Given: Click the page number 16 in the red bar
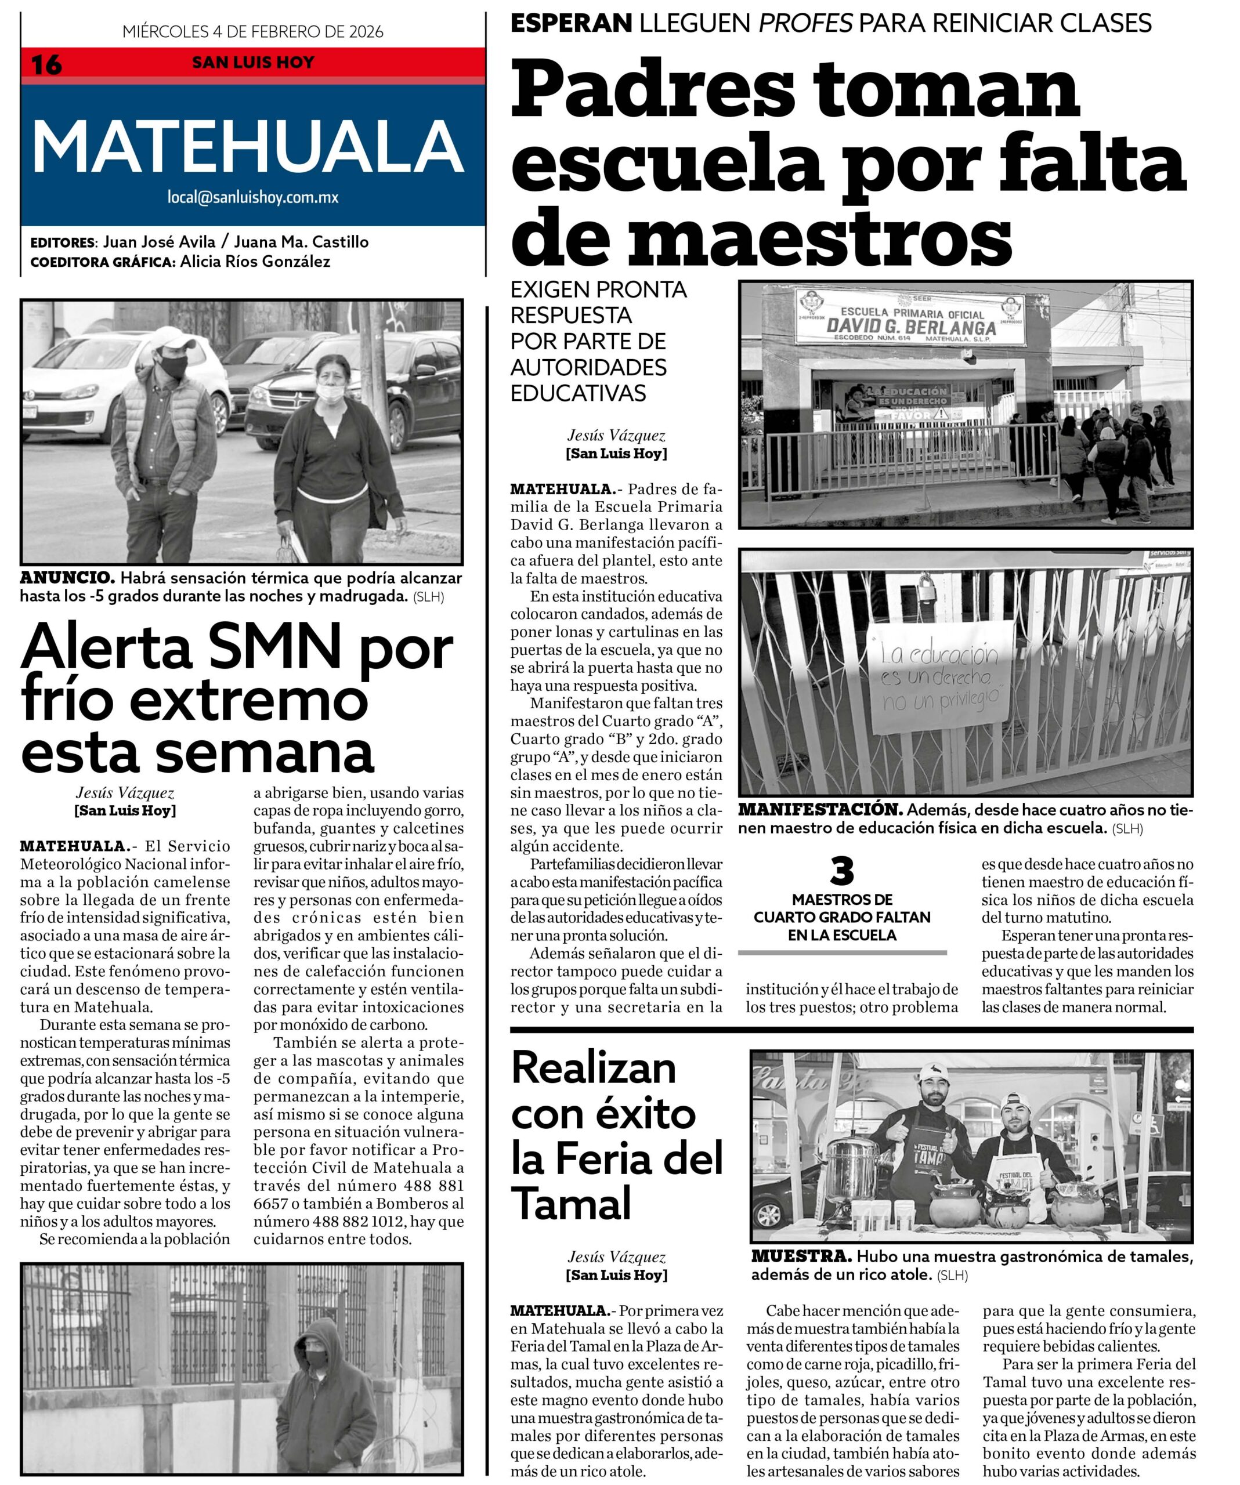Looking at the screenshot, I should point(46,65).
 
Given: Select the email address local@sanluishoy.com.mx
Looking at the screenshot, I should point(252,198).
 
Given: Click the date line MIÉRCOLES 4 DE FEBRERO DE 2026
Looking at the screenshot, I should point(252,32).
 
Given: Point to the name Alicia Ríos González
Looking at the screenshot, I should point(255,262).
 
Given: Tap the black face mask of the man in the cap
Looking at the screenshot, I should point(172,366).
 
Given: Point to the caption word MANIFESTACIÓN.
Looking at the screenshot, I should point(820,810).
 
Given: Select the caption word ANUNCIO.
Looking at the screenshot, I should point(67,578).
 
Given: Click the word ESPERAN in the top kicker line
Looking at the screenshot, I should point(571,23).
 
